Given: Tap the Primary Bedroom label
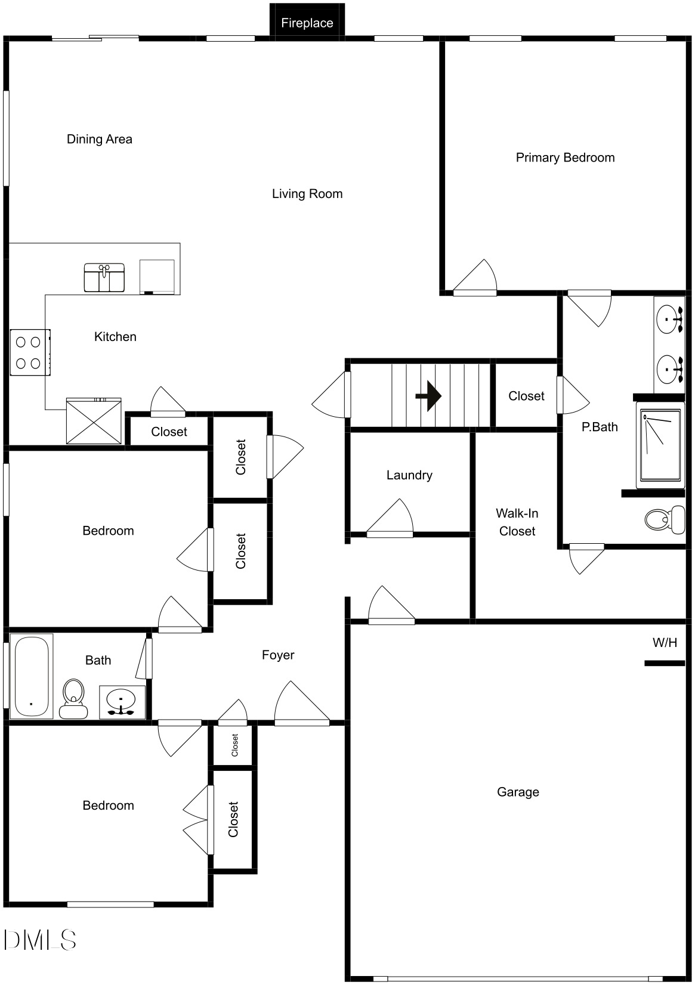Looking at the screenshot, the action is click(x=565, y=157).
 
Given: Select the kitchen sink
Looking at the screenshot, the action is click(x=104, y=277).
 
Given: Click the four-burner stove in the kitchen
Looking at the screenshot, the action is click(x=30, y=352).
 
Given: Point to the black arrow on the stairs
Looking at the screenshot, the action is click(x=428, y=396).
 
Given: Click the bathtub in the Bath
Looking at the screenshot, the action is click(x=32, y=676).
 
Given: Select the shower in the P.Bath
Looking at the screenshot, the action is click(x=660, y=445).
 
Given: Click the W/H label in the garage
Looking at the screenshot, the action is click(x=665, y=642).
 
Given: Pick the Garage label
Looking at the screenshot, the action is click(x=518, y=792).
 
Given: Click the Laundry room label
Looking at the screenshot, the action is click(x=409, y=475).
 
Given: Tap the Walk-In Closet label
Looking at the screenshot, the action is click(x=517, y=522).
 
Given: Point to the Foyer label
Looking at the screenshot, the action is click(x=278, y=655).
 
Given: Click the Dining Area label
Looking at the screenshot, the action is click(x=100, y=140).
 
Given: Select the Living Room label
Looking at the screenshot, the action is click(x=307, y=194).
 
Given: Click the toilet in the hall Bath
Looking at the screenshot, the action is click(x=73, y=698).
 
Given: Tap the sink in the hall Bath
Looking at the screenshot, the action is click(x=122, y=702).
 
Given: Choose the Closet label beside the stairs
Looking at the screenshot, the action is click(x=527, y=396).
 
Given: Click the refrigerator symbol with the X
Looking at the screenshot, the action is click(x=94, y=421).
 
